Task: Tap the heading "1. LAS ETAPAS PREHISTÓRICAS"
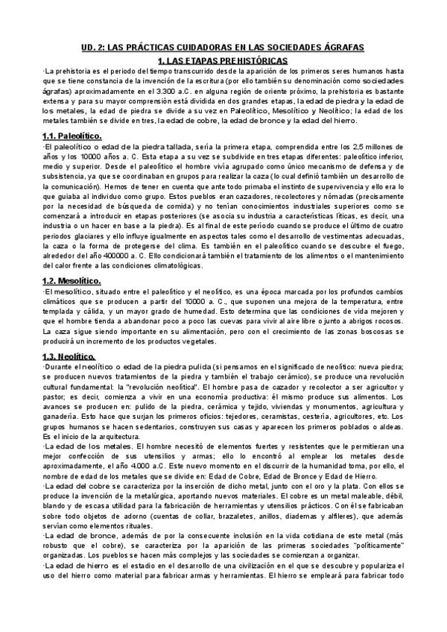[x=224, y=60]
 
